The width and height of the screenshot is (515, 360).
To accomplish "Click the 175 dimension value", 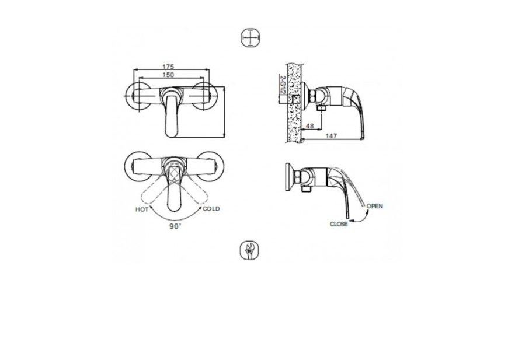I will click(168, 68).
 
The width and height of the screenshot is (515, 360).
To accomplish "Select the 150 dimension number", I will click(168, 76).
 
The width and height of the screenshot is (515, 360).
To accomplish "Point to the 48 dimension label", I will click(309, 125).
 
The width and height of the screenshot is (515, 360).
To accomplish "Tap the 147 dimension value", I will click(332, 135).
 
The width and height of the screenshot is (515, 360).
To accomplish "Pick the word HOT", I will click(142, 209).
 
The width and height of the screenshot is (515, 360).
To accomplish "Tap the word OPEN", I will click(375, 205).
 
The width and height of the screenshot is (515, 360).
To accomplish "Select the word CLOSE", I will click(339, 223).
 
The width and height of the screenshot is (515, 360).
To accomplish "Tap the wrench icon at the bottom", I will click(249, 251).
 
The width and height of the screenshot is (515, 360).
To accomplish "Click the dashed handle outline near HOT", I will click(149, 193).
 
